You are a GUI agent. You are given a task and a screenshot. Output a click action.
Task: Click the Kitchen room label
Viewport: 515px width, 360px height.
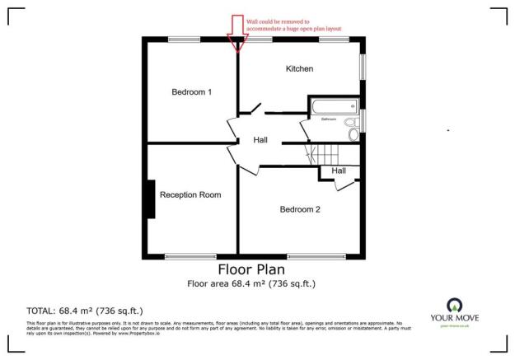[x=299, y=68]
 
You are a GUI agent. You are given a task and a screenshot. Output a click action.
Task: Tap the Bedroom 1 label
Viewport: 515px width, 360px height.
[x=191, y=92]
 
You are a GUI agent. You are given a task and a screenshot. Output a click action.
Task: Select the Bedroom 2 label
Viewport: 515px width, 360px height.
[x=300, y=209]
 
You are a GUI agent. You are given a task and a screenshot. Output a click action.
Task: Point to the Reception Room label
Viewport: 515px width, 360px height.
[x=190, y=195]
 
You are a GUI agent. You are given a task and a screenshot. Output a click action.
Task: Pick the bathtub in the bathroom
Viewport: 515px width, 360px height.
[x=333, y=106]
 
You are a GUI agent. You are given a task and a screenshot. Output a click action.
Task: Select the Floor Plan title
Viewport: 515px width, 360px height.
[x=250, y=269]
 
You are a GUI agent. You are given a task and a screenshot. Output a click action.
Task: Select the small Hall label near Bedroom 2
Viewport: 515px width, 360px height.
[x=338, y=171]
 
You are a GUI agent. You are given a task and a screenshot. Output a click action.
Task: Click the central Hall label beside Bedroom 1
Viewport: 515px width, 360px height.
[x=260, y=141]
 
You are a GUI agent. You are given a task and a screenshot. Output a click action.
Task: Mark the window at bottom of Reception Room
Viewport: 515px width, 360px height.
[x=190, y=255]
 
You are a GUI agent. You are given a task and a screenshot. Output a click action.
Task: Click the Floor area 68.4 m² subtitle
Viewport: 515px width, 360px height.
[x=250, y=284]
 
